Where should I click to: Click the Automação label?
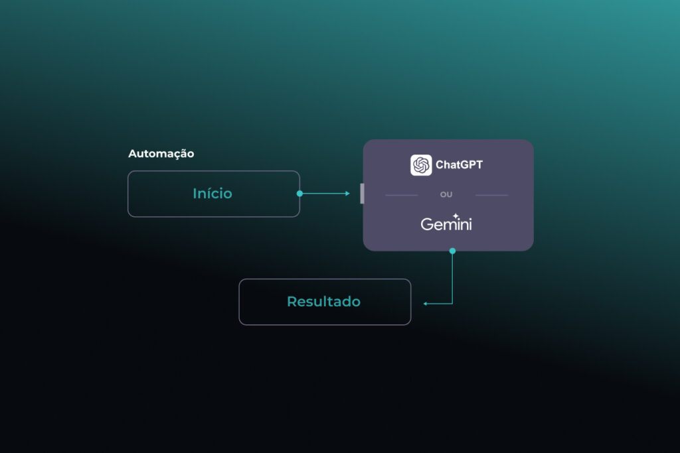point(161,154)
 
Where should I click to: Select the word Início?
point(212,194)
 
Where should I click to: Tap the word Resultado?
point(323,302)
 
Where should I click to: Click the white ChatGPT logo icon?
point(421,164)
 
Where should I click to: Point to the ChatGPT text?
point(459,164)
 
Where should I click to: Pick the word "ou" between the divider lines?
point(446,195)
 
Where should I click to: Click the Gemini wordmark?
point(446,224)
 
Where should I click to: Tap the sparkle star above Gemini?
point(456,216)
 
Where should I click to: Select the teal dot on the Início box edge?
point(299,194)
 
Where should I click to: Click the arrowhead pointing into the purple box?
point(347,194)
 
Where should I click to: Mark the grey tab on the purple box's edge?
point(362,194)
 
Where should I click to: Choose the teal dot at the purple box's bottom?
point(452,251)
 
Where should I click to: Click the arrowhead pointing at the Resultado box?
point(426,304)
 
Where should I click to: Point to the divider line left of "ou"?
point(401,195)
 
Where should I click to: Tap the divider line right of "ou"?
point(491,195)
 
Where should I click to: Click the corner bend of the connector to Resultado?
point(452,304)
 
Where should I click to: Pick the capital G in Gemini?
point(426,224)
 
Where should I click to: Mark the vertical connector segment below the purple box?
point(452,279)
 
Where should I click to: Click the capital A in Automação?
point(132,154)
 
